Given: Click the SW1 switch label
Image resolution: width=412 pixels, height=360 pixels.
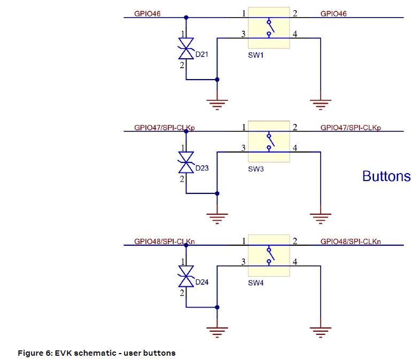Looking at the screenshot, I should pyautogui.click(x=255, y=55).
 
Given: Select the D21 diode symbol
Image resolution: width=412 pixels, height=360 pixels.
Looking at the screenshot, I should pyautogui.click(x=186, y=52).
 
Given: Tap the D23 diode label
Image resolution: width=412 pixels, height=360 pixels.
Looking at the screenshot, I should pyautogui.click(x=202, y=168).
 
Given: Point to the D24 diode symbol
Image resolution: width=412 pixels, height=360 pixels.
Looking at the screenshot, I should pyautogui.click(x=186, y=279).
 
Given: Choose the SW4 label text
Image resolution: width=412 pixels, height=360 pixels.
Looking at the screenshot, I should pyautogui.click(x=255, y=283).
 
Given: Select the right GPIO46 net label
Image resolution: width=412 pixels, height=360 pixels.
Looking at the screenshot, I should pyautogui.click(x=333, y=14).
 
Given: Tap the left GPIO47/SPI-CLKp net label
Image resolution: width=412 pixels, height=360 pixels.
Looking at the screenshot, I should pyautogui.click(x=164, y=128).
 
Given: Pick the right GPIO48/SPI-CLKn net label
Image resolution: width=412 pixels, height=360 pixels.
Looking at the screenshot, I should pyautogui.click(x=351, y=241).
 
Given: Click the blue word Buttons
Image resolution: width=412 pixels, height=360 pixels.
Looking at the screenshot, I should pyautogui.click(x=386, y=176).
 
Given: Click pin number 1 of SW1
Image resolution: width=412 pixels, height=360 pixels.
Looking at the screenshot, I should pyautogui.click(x=244, y=13).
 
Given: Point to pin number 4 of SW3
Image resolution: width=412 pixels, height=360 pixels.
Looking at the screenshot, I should pyautogui.click(x=295, y=148).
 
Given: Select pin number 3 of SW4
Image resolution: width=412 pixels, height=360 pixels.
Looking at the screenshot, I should pyautogui.click(x=244, y=262).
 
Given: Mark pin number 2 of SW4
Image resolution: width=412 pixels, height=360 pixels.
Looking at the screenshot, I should pyautogui.click(x=295, y=241).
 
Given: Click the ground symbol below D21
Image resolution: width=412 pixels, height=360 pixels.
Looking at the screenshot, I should pyautogui.click(x=216, y=104).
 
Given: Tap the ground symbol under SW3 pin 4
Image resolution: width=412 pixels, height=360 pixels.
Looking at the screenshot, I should pyautogui.click(x=320, y=217).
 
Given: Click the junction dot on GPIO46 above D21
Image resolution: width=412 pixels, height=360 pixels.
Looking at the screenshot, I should pyautogui.click(x=186, y=18).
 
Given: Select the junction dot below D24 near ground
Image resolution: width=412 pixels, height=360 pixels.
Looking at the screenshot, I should pyautogui.click(x=216, y=307).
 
